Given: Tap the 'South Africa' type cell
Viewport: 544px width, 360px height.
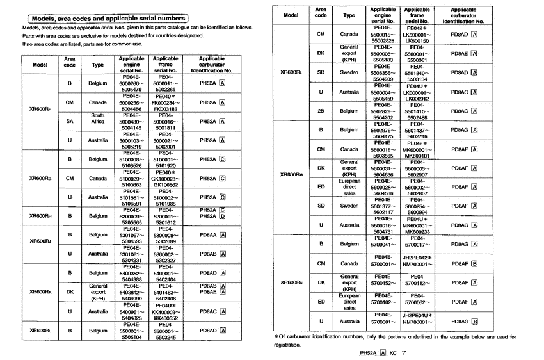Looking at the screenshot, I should [98, 120].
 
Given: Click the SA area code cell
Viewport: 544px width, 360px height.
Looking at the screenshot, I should [70, 120].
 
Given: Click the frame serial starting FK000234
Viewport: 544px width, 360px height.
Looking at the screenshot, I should [166, 102].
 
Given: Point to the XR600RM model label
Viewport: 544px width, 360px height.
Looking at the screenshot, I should [291, 174].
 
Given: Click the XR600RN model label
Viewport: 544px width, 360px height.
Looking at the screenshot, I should [291, 282].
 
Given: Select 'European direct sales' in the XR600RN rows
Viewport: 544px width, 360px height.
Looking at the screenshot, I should [349, 302].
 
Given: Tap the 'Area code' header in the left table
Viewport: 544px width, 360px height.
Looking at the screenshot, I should [70, 62].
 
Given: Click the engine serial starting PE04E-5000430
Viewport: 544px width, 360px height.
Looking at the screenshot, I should [131, 120].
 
